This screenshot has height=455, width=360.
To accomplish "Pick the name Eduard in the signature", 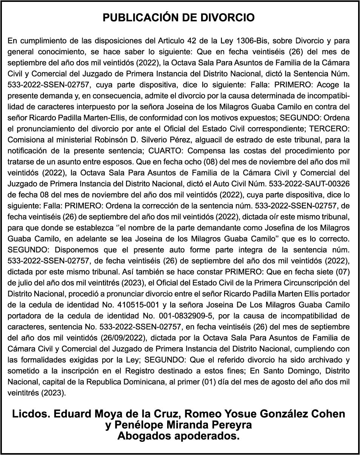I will (x=71, y=414).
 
